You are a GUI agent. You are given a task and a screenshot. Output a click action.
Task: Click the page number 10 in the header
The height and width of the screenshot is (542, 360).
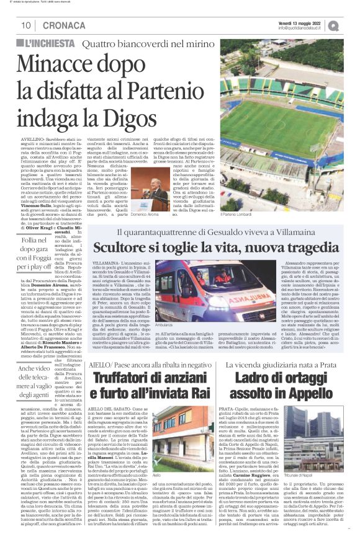[x=26, y=25]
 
